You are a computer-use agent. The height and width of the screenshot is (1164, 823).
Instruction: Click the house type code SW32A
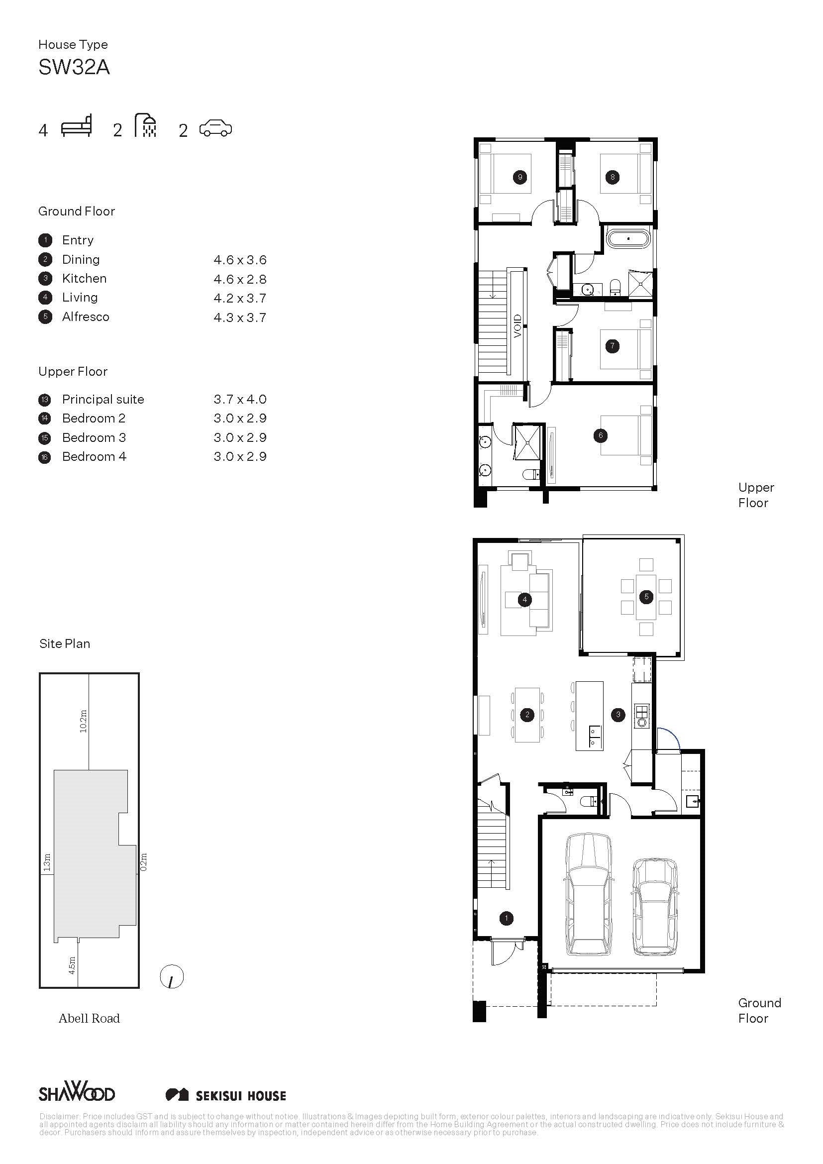[x=74, y=67]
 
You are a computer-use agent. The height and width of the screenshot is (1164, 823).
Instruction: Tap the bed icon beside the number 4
[x=77, y=126]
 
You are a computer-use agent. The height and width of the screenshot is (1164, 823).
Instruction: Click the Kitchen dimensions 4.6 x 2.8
[x=240, y=279]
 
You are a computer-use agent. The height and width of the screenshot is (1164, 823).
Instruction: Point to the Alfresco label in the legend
[x=86, y=317]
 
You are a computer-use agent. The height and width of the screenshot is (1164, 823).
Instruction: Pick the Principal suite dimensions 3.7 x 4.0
[x=240, y=399]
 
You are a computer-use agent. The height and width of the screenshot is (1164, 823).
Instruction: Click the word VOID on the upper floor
[x=517, y=326]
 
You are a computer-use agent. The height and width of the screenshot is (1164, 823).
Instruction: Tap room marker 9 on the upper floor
[x=520, y=177]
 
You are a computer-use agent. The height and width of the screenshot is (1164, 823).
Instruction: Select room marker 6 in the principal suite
[x=601, y=435]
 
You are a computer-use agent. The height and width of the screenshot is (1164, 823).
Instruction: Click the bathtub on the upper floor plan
[x=628, y=238]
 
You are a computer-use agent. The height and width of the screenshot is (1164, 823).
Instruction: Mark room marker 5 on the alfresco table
[x=646, y=597]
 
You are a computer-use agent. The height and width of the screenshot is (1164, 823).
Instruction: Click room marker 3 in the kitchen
[x=618, y=714]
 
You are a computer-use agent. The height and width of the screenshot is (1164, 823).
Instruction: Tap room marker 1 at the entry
[x=506, y=918]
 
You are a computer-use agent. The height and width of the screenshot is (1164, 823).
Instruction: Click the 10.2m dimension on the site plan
[x=84, y=721]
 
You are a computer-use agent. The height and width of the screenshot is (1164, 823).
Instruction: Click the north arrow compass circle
[x=172, y=976]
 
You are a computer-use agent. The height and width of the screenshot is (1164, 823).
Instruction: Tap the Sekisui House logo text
[x=241, y=1096]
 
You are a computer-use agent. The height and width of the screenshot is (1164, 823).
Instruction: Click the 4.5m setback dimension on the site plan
[x=72, y=965]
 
